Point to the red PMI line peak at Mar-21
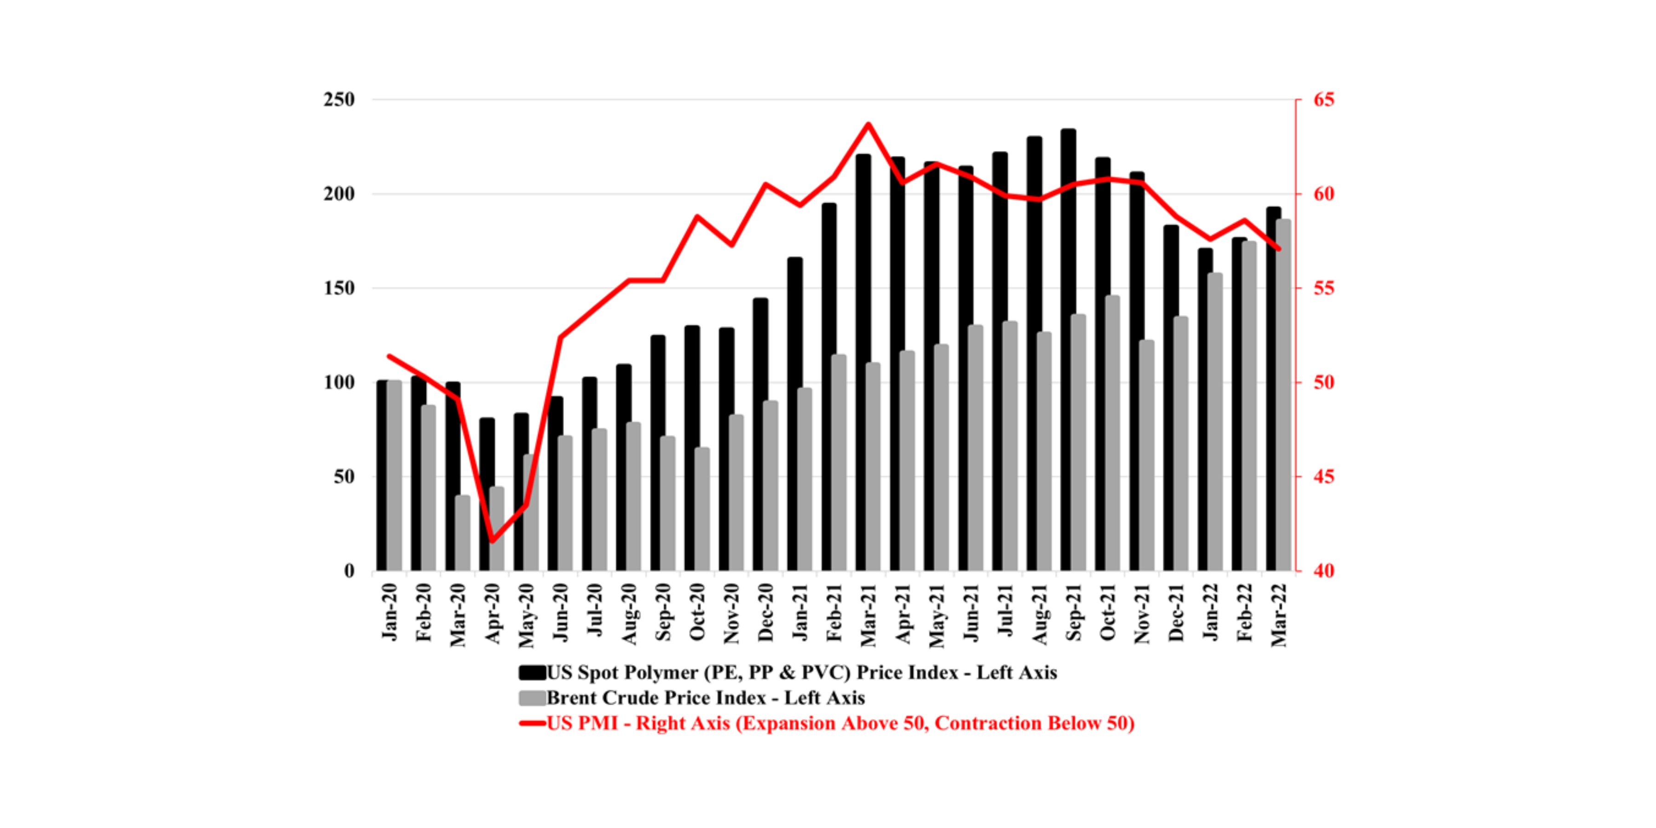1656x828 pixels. click(x=868, y=124)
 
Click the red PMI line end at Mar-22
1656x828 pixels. click(x=1279, y=249)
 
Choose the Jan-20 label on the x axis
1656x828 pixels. click(x=390, y=612)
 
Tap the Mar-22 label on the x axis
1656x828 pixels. click(x=1279, y=614)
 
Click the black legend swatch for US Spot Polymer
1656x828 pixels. click(x=532, y=673)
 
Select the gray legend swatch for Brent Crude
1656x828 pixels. click(x=532, y=698)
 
